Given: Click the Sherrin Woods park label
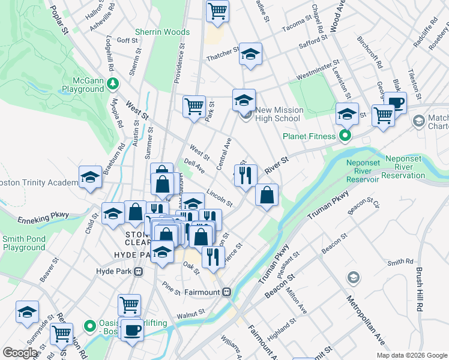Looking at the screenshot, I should pyautogui.click(x=162, y=31).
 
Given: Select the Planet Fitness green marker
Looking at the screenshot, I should pyautogui.click(x=345, y=136).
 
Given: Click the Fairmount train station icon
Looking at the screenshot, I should pyautogui.click(x=226, y=292).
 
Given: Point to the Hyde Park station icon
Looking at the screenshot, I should pyautogui.click(x=139, y=271).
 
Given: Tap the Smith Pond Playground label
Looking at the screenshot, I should pyautogui.click(x=24, y=242).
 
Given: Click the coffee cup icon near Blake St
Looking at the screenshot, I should pyautogui.click(x=395, y=102).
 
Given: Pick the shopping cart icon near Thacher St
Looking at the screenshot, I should pyautogui.click(x=218, y=10).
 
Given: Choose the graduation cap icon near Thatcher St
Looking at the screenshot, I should pyautogui.click(x=250, y=54).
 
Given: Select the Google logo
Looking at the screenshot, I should pyautogui.click(x=20, y=353).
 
